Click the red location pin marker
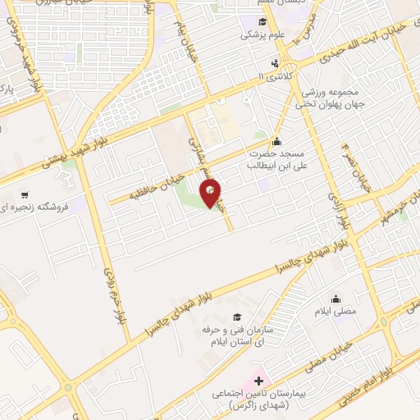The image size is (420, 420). pyautogui.click(x=212, y=194)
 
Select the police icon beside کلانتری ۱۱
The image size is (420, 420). pyautogui.click(x=276, y=63)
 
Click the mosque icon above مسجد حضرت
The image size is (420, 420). pyautogui.click(x=276, y=140)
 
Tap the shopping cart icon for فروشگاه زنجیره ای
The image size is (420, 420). pyautogui.click(x=25, y=194)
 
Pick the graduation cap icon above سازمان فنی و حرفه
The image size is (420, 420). pyautogui.click(x=237, y=317)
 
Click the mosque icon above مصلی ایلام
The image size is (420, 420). pyautogui.click(x=335, y=299)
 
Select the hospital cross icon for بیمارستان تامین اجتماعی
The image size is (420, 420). pyautogui.click(x=258, y=381)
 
